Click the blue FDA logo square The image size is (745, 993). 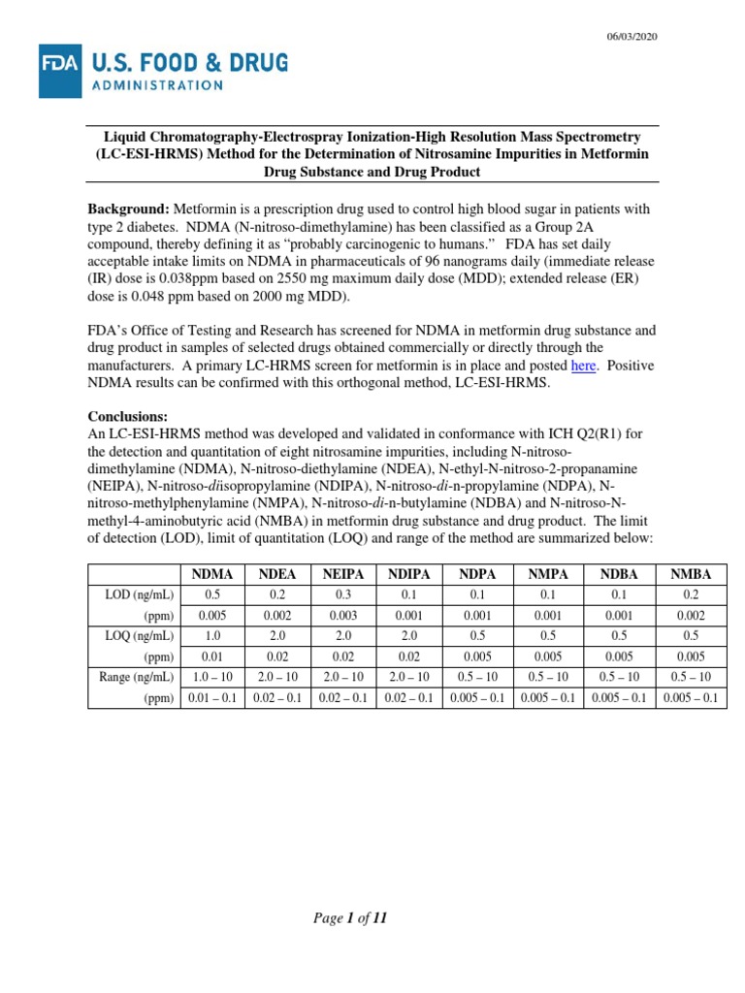60,71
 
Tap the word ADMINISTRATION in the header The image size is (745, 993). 157,84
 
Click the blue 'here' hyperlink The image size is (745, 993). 583,366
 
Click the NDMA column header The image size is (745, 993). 214,574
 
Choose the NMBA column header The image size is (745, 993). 691,574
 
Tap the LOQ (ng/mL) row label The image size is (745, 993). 140,635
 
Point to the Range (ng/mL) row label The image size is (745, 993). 135,676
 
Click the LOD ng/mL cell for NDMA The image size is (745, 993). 214,594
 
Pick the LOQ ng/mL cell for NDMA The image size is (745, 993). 214,635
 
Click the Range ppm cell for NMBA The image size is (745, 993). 691,697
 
